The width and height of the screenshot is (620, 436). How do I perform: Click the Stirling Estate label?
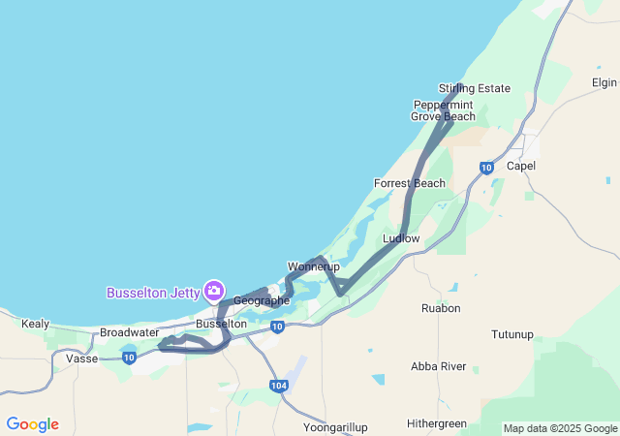click(x=474, y=88)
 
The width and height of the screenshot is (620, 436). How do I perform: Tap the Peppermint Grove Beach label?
click(x=443, y=110)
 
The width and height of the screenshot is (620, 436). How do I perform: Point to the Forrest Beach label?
click(x=410, y=183)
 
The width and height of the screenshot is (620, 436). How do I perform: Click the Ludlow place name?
click(x=401, y=238)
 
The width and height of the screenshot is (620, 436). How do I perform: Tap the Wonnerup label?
click(x=311, y=266)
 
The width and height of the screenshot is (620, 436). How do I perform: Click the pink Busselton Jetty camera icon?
click(x=214, y=291)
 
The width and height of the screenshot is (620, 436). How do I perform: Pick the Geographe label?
click(x=261, y=300)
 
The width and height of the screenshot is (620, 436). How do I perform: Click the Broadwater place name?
click(x=129, y=332)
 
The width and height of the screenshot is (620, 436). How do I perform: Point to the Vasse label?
click(x=81, y=358)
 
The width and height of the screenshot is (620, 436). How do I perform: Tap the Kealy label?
click(x=35, y=324)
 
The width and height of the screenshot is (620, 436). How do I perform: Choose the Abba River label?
click(x=438, y=366)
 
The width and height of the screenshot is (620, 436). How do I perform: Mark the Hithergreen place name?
click(x=436, y=423)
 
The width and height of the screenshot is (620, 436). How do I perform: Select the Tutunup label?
click(x=512, y=334)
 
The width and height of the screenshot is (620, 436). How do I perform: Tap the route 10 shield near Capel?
click(x=486, y=168)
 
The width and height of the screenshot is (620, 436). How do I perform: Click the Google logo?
click(x=32, y=424)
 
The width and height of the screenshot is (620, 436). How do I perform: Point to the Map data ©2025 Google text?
click(x=559, y=428)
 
